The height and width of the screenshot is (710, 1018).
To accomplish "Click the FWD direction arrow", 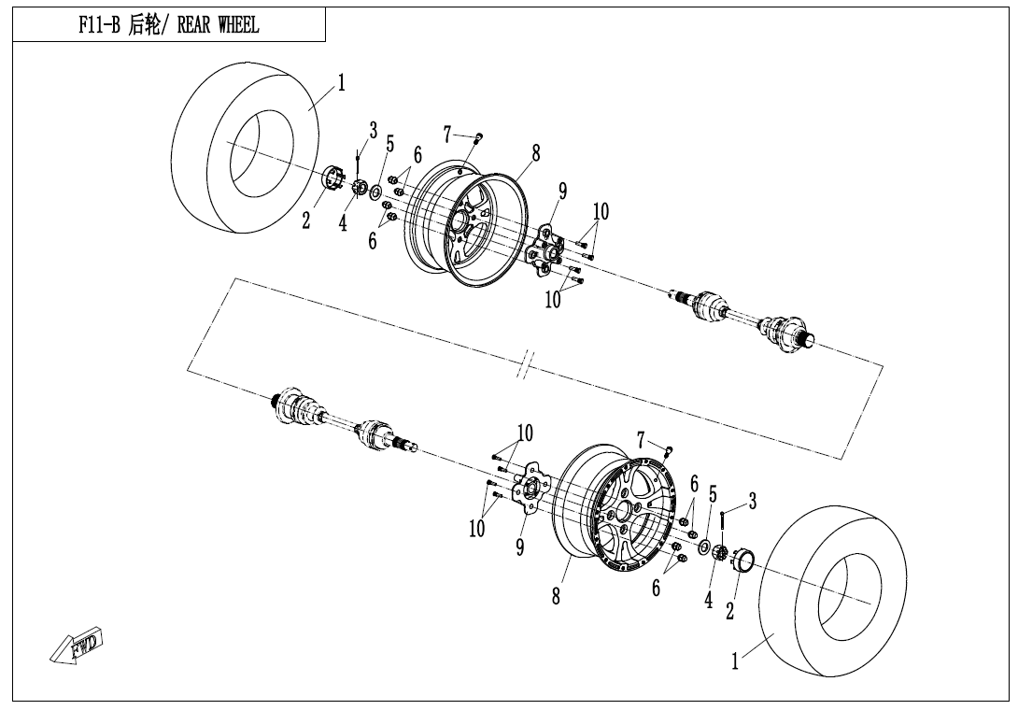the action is click(x=77, y=646).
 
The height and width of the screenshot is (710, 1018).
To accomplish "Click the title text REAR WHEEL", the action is click(x=219, y=25).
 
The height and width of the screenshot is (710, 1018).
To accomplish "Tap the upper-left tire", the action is click(x=247, y=149).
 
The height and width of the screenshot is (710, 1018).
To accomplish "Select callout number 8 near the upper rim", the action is click(x=536, y=153).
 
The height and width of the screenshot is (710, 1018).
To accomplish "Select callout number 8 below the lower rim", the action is click(x=556, y=596).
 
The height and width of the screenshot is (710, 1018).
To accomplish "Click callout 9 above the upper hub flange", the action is click(x=562, y=191).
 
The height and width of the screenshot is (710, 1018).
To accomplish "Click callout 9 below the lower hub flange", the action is click(x=520, y=547).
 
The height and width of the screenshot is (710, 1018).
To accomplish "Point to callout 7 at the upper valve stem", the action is click(x=447, y=135).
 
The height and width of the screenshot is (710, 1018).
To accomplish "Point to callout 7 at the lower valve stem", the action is click(x=642, y=440).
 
